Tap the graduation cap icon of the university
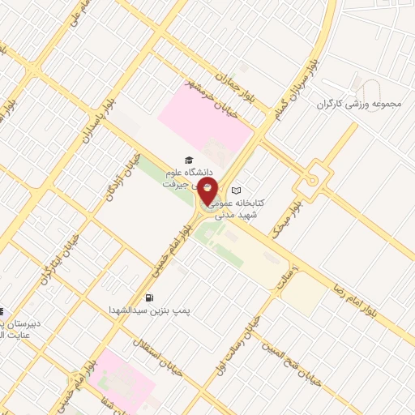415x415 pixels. pyautogui.click(x=188, y=160)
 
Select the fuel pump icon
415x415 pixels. pyautogui.click(x=150, y=297)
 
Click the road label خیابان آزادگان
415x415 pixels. pyautogui.click(x=124, y=175)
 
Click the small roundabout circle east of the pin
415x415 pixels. pyautogui.click(x=312, y=180)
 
